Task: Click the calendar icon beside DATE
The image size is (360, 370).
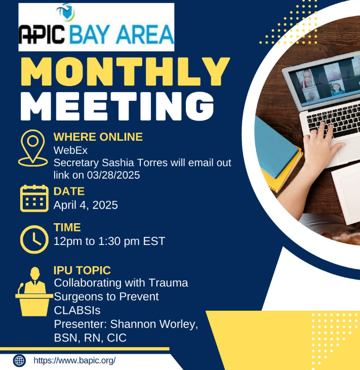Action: coord(34,198)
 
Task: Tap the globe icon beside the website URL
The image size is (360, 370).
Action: coord(19,360)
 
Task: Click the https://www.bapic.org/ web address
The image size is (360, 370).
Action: coord(75,360)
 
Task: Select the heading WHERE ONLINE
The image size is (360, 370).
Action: coord(98,137)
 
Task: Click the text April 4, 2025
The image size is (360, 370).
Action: coord(86,205)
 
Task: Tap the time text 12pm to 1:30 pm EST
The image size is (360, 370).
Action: coord(109,241)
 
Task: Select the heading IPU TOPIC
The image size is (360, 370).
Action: coord(82,270)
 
